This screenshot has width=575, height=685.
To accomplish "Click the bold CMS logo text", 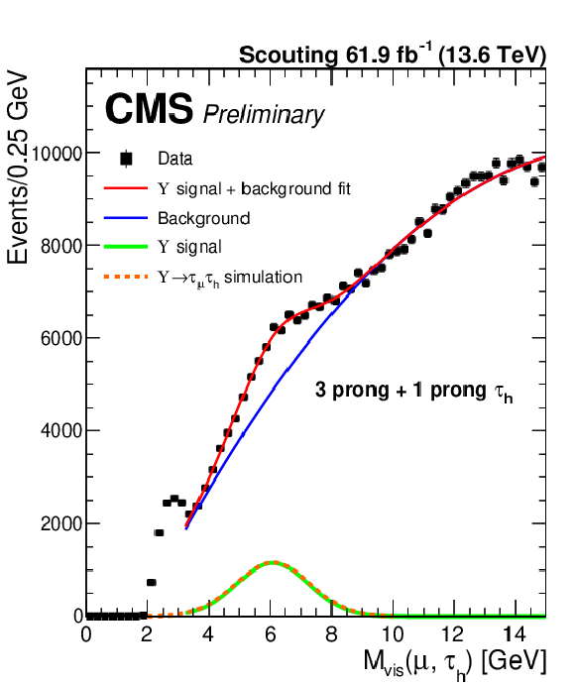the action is tap(149, 109).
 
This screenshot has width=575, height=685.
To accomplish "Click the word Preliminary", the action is tap(264, 115).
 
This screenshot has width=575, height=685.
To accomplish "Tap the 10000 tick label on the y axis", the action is tap(57, 154).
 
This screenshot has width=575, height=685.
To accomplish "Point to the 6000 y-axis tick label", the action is tap(62, 339).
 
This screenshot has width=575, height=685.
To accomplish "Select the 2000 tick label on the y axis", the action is tap(62, 523).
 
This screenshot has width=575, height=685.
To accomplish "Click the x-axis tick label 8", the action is tap(332, 633).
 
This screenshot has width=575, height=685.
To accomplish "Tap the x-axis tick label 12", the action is tap(453, 633).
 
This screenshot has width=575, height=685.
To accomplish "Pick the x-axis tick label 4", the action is tap(208, 633).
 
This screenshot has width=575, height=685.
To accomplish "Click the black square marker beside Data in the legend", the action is tap(126, 159).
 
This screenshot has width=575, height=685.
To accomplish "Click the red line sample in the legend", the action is tap(126, 188).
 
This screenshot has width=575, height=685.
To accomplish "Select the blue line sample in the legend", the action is tap(126, 217).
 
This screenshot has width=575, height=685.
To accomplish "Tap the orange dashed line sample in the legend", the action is tap(126, 277).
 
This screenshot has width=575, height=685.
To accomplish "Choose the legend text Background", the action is tap(203, 218).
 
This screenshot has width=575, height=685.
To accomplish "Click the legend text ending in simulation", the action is tap(230, 278).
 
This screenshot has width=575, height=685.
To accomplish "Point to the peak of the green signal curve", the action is tap(273, 563).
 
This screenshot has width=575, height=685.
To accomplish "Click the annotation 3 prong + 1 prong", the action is tap(401, 391).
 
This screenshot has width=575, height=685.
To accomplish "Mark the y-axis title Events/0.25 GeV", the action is tap(18, 169).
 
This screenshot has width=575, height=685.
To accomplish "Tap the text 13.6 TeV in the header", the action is tap(492, 56).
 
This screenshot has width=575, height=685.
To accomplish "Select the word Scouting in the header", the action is tap(287, 56).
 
